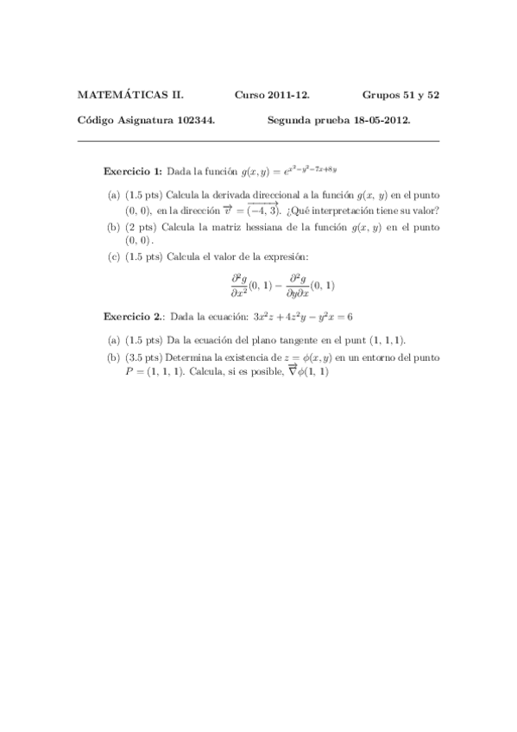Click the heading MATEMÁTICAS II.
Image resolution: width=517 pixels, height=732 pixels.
point(129,95)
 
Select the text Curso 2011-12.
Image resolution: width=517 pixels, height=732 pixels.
point(272,95)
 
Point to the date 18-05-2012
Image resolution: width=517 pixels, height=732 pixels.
point(382,121)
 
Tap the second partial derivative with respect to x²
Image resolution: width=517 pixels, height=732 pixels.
point(239,286)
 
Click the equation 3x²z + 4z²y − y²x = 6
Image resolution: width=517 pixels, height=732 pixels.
point(298,317)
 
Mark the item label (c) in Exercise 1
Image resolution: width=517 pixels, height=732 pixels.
point(114,258)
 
